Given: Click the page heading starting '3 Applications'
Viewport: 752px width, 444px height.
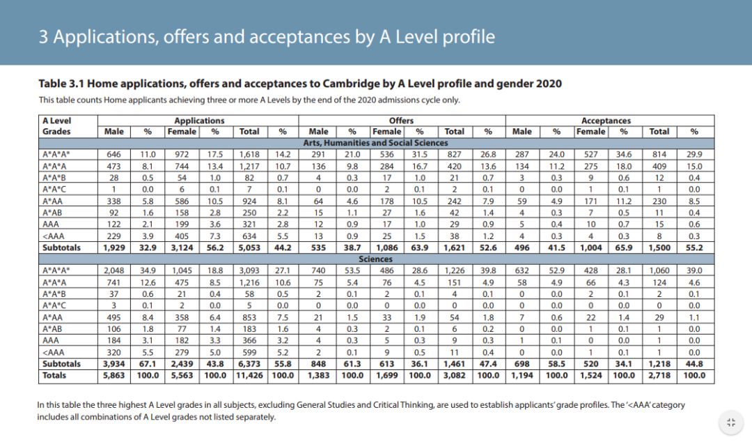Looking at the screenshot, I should tap(267, 36).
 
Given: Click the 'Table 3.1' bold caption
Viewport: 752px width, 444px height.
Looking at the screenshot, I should tap(300, 84).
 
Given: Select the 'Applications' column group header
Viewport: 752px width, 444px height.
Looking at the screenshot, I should tap(199, 121).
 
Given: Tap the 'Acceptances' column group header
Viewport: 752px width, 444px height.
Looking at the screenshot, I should tap(606, 121).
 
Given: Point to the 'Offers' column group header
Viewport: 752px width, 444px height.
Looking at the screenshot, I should tap(401, 121).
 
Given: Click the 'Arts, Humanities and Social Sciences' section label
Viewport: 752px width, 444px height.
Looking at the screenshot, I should tap(377, 142).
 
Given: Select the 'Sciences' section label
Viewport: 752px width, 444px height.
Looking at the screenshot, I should tap(377, 258).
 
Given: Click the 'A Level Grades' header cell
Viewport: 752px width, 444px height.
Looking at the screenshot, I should tap(56, 125).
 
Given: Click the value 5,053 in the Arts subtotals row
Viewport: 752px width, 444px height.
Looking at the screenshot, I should tap(249, 247).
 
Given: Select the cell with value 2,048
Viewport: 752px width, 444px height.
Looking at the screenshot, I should tap(113, 270).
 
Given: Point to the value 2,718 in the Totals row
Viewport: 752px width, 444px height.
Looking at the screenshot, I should tap(659, 375).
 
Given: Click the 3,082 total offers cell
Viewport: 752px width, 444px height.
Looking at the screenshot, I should tap(454, 375).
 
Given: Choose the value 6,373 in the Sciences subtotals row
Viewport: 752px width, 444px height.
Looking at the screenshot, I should tap(249, 364).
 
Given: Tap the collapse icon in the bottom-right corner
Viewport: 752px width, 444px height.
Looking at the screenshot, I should tap(730, 422).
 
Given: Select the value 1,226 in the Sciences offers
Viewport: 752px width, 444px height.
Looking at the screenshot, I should tap(454, 270).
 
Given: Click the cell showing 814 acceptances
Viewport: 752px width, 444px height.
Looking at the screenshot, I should tap(659, 154).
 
